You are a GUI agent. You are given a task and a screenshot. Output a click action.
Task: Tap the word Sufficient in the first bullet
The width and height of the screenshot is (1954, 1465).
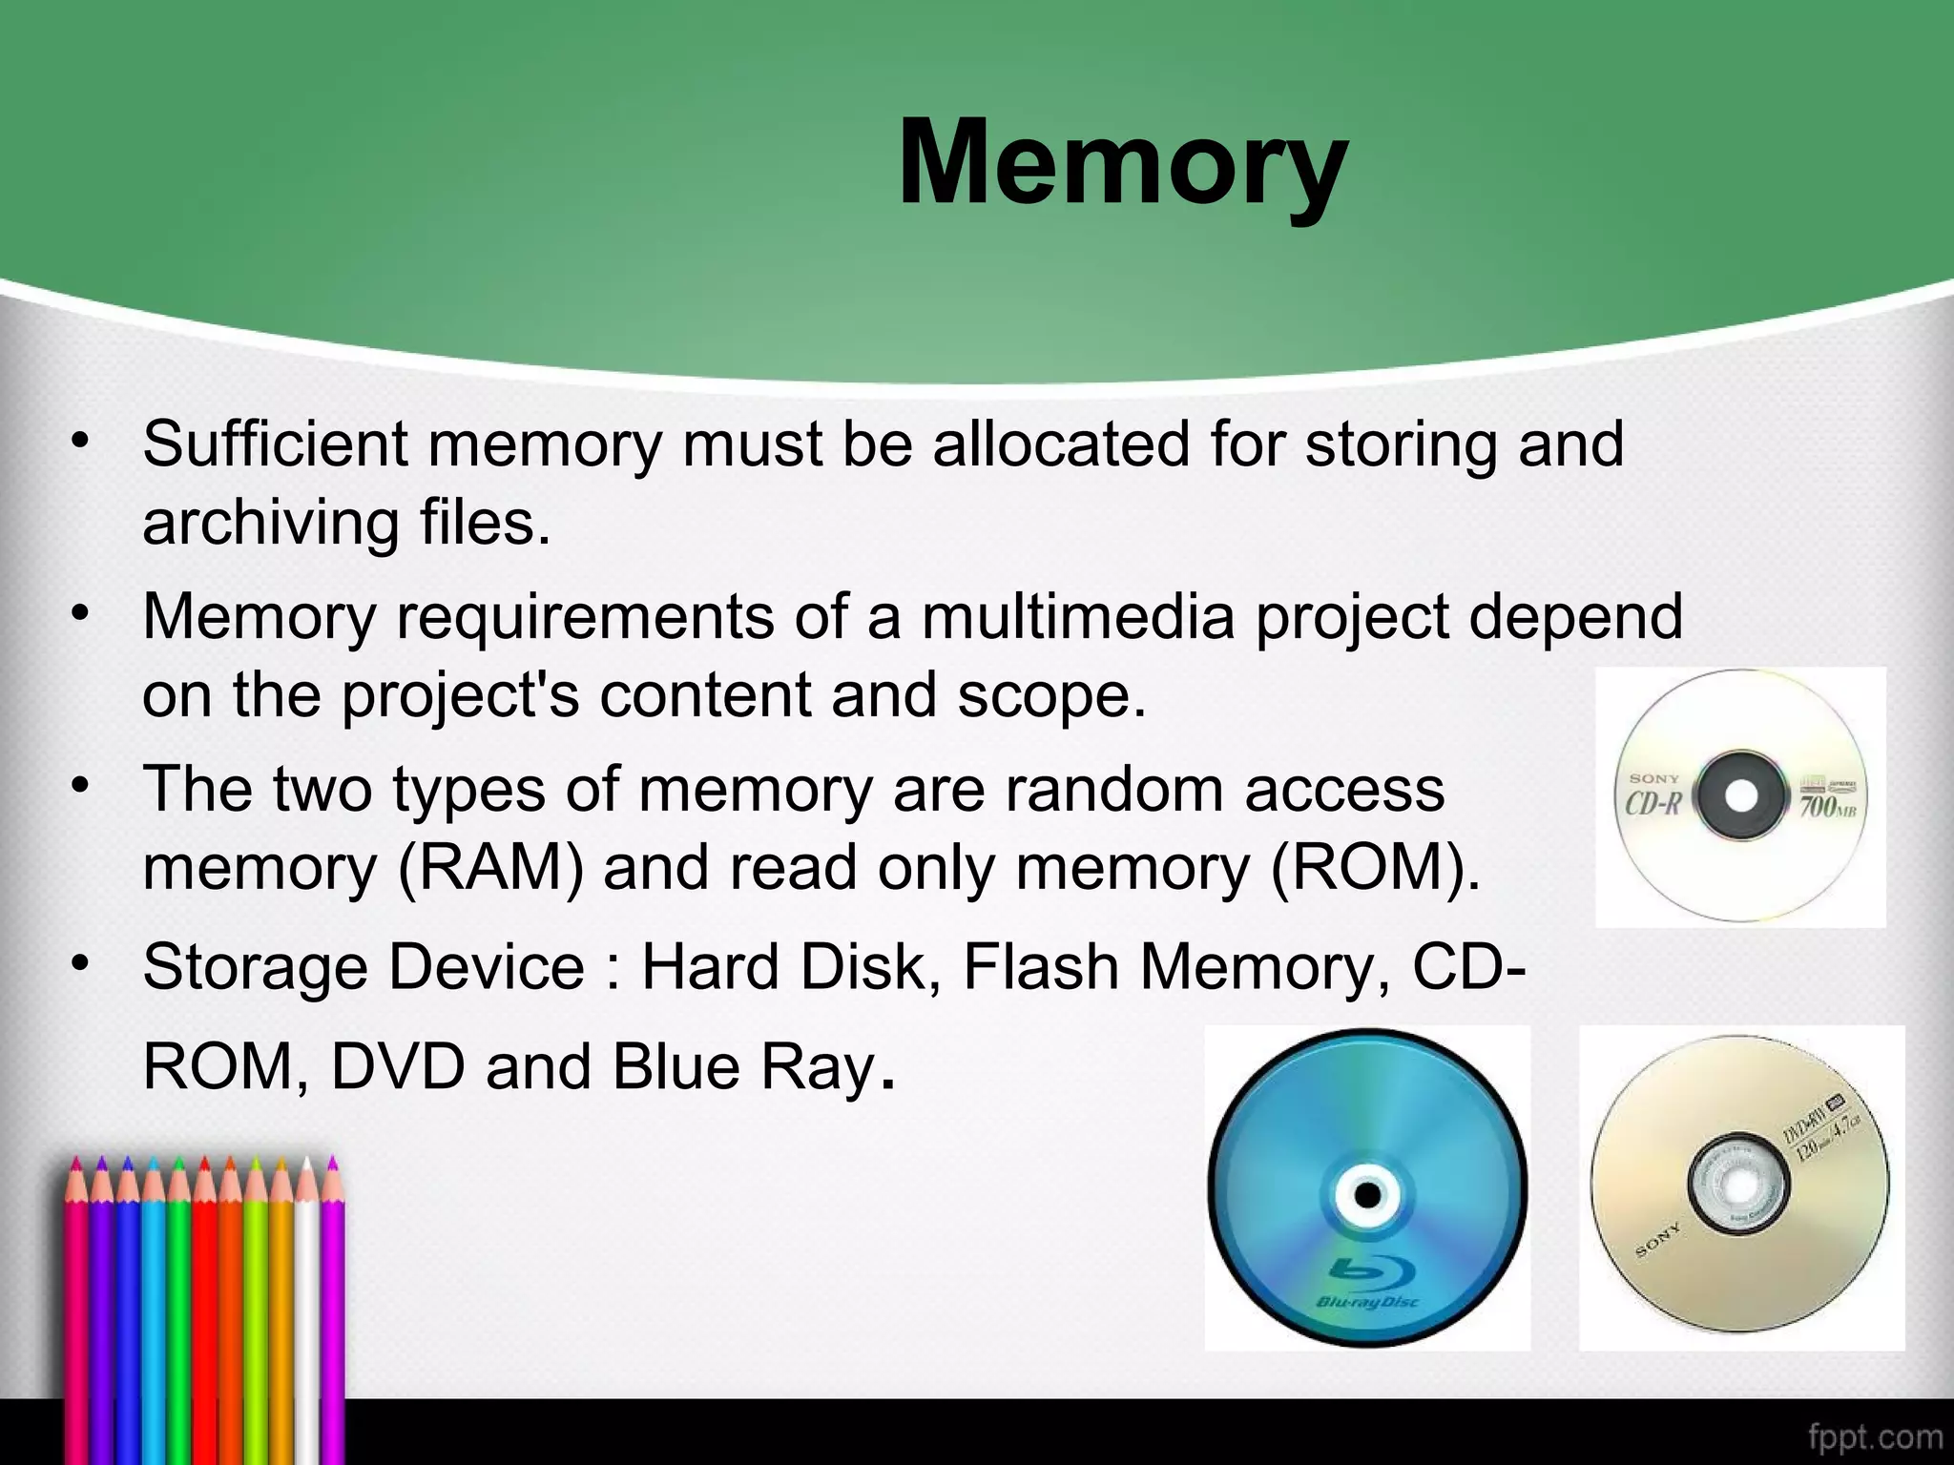coord(275,444)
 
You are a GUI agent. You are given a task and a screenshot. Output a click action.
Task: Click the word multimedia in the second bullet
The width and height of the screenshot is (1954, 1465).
coord(1078,617)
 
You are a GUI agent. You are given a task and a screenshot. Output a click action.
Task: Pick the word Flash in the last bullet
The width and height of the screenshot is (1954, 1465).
coord(1041,967)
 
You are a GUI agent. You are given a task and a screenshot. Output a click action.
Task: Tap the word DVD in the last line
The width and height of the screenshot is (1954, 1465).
coord(397,1067)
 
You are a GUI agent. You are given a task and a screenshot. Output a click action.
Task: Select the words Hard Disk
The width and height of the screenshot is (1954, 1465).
coord(784,967)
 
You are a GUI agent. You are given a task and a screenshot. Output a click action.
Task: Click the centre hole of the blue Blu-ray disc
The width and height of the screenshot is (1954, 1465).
coord(1367,1194)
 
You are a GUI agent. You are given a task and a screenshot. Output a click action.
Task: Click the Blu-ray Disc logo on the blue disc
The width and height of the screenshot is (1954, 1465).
coord(1367,1283)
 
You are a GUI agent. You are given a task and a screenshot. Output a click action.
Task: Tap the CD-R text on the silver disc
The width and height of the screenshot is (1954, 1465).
coord(1653,804)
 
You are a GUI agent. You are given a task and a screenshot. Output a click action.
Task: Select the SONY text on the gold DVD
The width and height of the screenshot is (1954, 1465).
coord(1660,1242)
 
